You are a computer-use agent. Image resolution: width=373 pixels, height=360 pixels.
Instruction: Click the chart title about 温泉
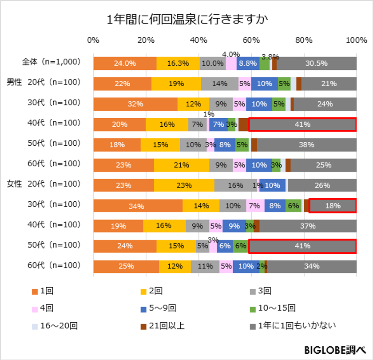186,20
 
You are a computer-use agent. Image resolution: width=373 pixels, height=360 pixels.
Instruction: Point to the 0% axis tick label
93,40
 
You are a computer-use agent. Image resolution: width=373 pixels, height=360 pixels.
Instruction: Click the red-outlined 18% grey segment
332,206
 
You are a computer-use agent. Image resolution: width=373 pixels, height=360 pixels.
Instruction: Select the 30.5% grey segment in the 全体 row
316,63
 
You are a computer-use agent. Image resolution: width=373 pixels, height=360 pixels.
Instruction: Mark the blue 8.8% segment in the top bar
248,63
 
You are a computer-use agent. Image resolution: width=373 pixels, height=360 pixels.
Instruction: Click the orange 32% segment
135,104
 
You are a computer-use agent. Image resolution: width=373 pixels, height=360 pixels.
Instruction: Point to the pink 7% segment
255,206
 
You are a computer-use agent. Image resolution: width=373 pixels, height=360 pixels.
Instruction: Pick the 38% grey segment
306,144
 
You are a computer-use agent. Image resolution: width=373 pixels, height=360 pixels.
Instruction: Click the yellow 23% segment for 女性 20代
184,185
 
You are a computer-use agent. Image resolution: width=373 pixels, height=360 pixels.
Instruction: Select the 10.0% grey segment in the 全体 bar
212,63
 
